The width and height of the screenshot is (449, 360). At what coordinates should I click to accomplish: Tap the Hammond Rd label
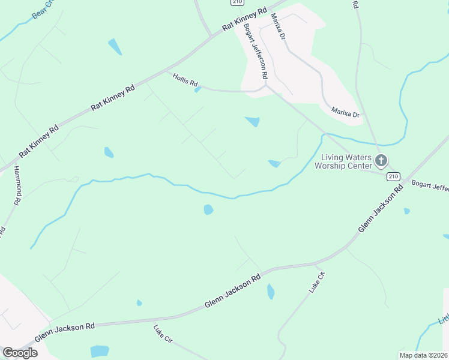(x=17, y=185)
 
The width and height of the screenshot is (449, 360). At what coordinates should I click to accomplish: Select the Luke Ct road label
(x=316, y=282)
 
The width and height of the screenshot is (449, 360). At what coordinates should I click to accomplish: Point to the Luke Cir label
(x=163, y=334)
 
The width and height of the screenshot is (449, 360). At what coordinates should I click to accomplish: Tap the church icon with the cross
(x=381, y=160)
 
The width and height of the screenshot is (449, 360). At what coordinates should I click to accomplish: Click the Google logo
(x=20, y=353)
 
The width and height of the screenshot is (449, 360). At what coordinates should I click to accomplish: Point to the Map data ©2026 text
(x=424, y=355)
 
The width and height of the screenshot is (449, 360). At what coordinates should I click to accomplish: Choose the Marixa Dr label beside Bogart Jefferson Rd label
(x=277, y=26)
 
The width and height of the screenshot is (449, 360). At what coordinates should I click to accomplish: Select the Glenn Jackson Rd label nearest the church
(x=381, y=209)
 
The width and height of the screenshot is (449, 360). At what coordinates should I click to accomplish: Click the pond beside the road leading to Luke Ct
(x=271, y=292)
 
